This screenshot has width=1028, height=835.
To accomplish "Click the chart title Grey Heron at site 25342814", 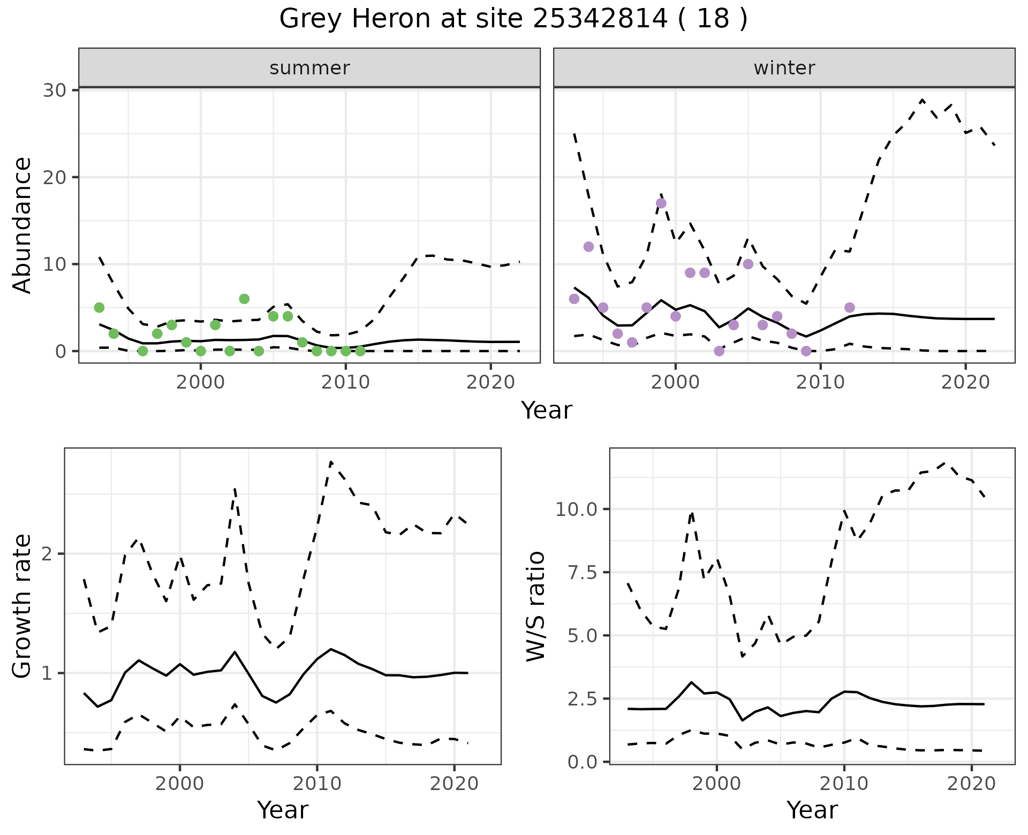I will (513, 19).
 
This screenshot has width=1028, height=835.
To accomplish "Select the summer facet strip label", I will (309, 68).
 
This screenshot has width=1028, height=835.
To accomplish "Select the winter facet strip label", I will (784, 68).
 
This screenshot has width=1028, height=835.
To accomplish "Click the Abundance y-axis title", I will (22, 225).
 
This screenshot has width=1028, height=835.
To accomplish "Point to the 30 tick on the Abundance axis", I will (55, 90).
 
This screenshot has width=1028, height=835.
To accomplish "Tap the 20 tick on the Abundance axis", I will (55, 177).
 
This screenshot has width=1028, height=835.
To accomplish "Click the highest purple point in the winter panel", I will (661, 203).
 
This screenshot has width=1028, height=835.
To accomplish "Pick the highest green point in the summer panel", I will (244, 299).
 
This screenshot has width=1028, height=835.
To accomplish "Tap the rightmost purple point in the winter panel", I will (850, 307).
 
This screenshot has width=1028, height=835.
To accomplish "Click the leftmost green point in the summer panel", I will (99, 307).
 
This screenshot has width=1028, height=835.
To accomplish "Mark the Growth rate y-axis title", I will (22, 606).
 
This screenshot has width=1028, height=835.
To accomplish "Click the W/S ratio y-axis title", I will (535, 606).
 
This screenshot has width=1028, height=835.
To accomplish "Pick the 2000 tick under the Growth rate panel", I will (180, 784).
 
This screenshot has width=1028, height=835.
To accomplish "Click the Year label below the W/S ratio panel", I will (812, 810).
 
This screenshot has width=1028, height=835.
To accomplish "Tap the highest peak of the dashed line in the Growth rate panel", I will (331, 461).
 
